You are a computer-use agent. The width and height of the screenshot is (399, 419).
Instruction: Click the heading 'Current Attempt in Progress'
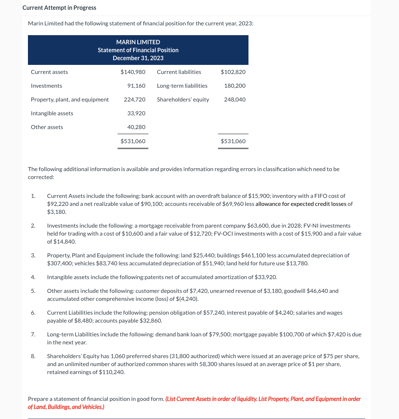coord(59,8)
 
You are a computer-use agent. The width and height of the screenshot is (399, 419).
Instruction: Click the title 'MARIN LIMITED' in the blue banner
coord(138,42)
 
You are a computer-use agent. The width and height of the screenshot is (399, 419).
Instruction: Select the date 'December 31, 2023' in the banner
coord(138,58)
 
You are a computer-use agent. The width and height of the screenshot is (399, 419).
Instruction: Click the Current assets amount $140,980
coord(133,72)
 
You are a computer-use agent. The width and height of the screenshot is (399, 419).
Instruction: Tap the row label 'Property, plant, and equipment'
coord(70,99)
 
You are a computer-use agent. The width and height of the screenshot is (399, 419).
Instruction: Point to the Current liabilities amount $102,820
coord(233,72)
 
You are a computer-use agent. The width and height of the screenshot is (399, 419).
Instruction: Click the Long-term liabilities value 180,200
coord(235,86)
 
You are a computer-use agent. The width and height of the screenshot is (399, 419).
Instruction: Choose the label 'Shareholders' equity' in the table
coord(183,99)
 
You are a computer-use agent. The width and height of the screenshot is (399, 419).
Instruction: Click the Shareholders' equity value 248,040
coord(235,99)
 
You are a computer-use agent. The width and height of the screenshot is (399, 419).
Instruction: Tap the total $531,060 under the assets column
coord(133,141)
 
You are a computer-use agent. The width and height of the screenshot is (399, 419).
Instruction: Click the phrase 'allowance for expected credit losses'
coord(301,204)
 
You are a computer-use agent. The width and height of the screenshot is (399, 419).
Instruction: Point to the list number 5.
coord(33,291)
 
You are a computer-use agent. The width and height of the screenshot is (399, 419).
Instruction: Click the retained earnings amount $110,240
coord(112,372)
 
